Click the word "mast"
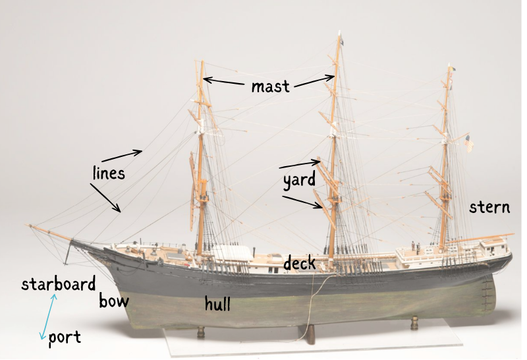[270, 87]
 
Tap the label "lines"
[109, 173]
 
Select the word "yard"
[299, 180]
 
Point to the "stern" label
[489, 207]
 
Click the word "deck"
[300, 262]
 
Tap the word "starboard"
[59, 284]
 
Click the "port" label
[65, 338]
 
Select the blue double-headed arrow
[48, 316]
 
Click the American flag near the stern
[469, 144]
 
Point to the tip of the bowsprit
[26, 225]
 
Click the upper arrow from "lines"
[122, 156]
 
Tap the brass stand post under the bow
[201, 332]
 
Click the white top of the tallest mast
[339, 33]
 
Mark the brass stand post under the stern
[414, 322]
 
